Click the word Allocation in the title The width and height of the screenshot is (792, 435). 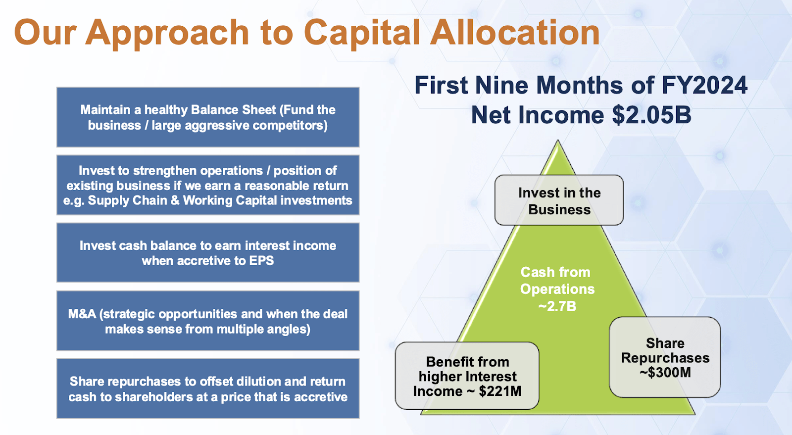[515, 33]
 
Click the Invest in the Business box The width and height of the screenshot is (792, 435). [559, 200]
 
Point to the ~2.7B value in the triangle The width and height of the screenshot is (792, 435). [557, 306]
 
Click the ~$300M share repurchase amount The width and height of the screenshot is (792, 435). [665, 373]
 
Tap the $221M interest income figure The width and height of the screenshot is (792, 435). [500, 391]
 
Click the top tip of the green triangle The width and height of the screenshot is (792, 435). [558, 142]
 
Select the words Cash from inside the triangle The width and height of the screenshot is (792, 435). [555, 272]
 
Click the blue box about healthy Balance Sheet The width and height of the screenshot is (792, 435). [208, 117]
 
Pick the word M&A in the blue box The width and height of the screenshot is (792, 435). [82, 314]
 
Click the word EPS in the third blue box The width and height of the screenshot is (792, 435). [261, 261]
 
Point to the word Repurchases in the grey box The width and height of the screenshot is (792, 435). [665, 358]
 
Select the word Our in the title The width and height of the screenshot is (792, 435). [45, 33]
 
